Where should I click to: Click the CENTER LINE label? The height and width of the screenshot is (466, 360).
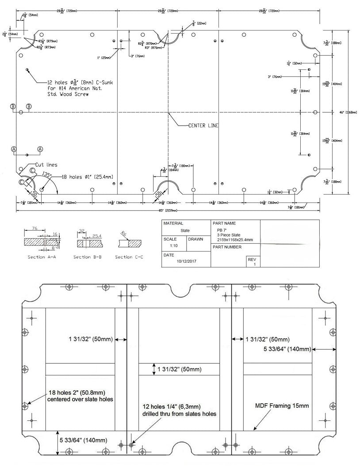coord(203,126)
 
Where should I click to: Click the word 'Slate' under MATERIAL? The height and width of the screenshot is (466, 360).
coord(185,230)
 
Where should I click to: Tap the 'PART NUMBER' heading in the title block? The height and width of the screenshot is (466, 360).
coord(227,247)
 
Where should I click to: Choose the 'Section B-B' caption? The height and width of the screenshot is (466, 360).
coord(88,257)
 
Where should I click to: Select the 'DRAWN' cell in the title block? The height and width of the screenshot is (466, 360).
coord(196,239)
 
